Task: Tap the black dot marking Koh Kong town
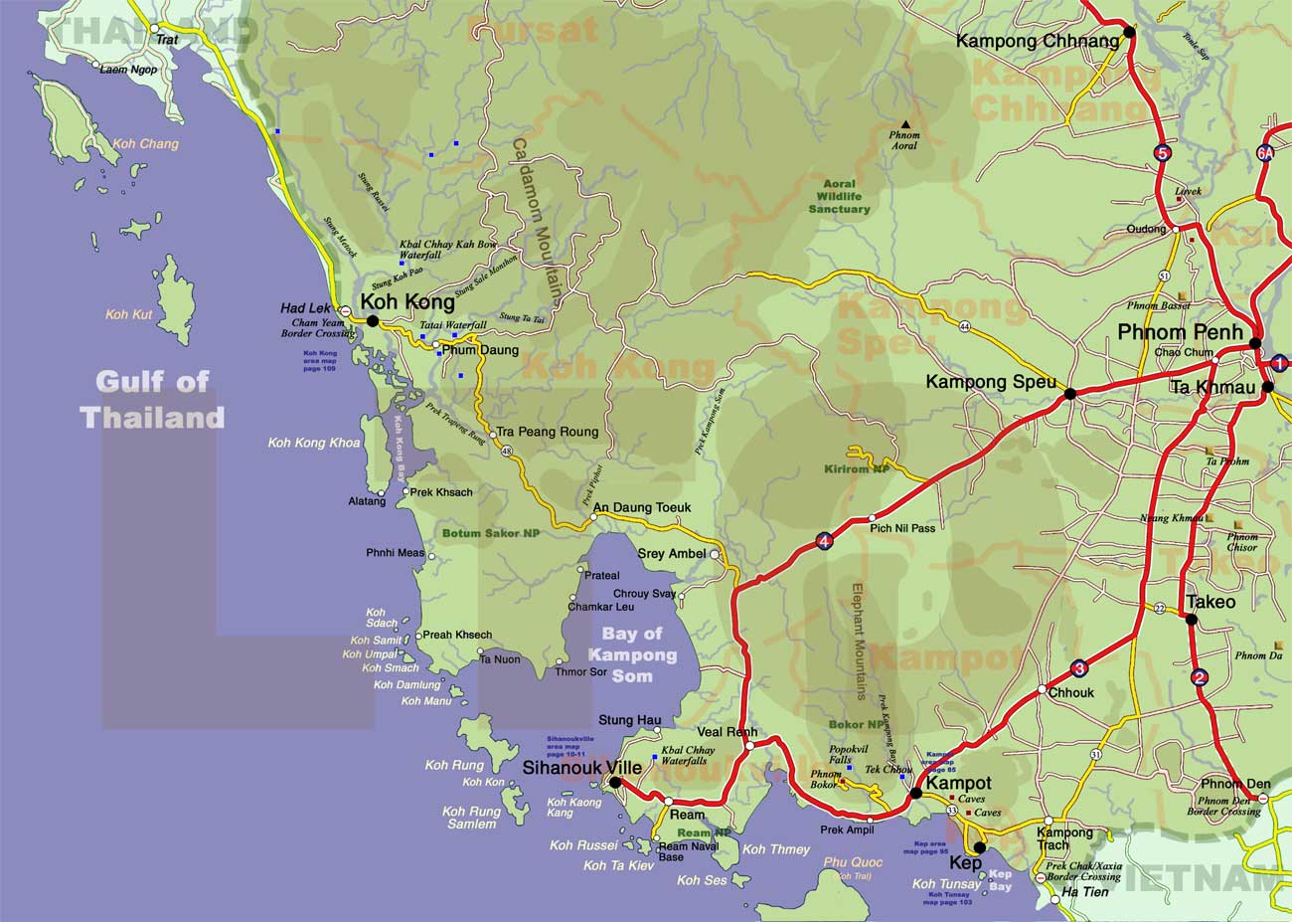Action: click(x=373, y=321)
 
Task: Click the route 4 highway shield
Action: click(x=824, y=542)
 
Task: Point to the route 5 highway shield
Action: click(x=1162, y=153)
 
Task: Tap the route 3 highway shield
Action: click(x=1079, y=668)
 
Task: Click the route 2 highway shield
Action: click(x=1200, y=678)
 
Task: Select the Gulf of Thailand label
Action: click(x=153, y=399)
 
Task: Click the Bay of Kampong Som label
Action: click(x=632, y=654)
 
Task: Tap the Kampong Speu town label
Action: click(x=990, y=381)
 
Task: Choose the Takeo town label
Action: click(x=1211, y=602)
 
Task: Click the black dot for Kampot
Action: click(x=916, y=793)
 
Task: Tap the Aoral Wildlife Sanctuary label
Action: click(x=840, y=197)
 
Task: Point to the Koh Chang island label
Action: click(x=146, y=144)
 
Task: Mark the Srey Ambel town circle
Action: click(x=715, y=554)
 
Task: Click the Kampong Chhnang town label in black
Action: click(x=1037, y=41)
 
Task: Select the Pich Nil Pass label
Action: click(x=902, y=528)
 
